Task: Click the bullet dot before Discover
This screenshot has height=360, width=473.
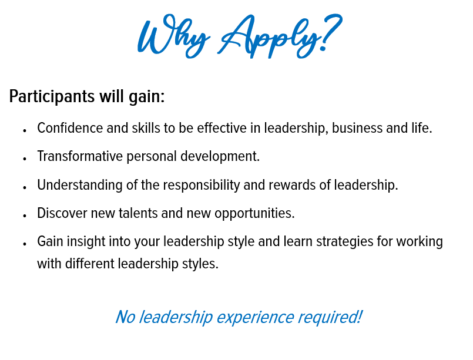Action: pos(25,216)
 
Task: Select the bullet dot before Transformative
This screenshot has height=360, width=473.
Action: pos(25,159)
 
